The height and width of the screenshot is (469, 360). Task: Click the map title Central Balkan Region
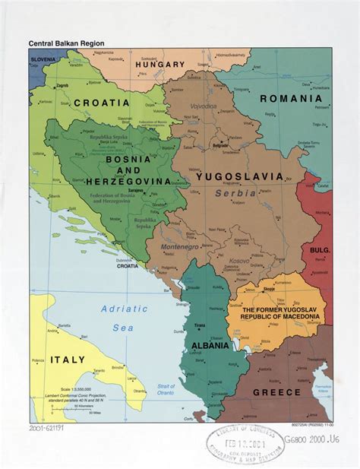pyautogui.click(x=66, y=44)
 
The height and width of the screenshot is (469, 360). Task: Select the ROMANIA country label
pyautogui.click(x=291, y=99)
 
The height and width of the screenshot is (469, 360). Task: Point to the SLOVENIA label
pyautogui.click(x=43, y=59)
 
